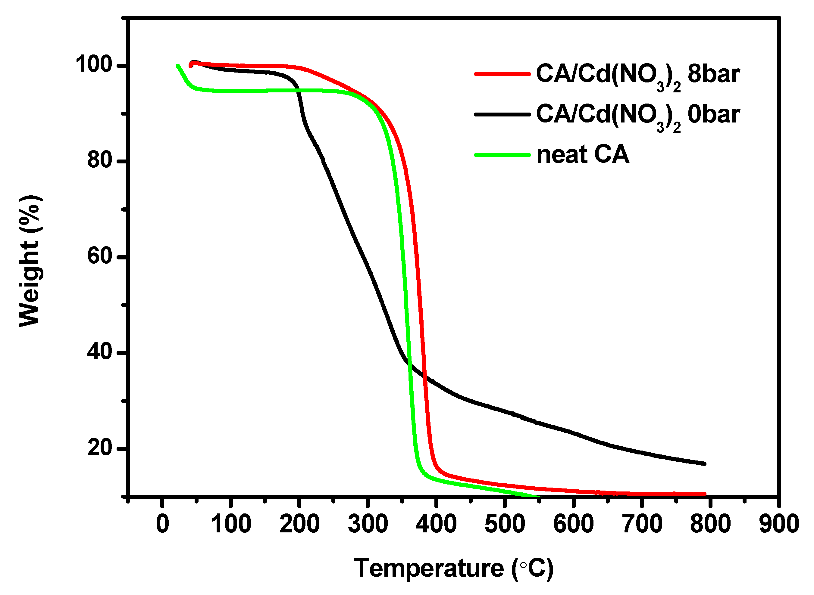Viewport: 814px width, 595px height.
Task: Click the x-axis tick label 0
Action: [x=163, y=524]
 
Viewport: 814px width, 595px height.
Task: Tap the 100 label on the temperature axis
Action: [x=231, y=524]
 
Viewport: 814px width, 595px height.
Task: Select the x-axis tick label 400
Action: [x=436, y=524]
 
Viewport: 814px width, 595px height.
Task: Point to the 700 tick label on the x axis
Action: [x=642, y=524]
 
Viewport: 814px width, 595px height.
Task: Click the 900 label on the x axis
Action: [x=779, y=524]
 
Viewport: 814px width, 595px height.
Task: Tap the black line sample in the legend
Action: [x=502, y=115]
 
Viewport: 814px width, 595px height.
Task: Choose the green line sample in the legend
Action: [x=502, y=155]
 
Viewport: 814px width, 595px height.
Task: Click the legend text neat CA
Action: [x=583, y=155]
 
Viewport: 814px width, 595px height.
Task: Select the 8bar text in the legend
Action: [x=713, y=74]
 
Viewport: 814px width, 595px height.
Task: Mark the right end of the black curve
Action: [x=705, y=463]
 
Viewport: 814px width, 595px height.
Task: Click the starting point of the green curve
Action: [x=177, y=66]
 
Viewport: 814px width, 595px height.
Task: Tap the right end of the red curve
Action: [x=705, y=494]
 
